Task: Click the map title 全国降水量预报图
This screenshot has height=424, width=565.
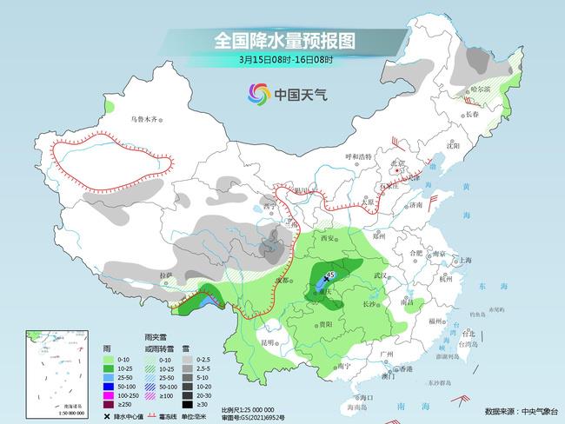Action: tap(285, 41)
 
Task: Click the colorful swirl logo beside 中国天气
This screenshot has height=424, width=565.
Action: tap(258, 93)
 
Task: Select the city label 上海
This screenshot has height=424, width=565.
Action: tap(466, 260)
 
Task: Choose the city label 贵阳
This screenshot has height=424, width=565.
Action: tap(325, 324)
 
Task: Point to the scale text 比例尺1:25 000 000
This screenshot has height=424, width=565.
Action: tap(248, 408)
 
